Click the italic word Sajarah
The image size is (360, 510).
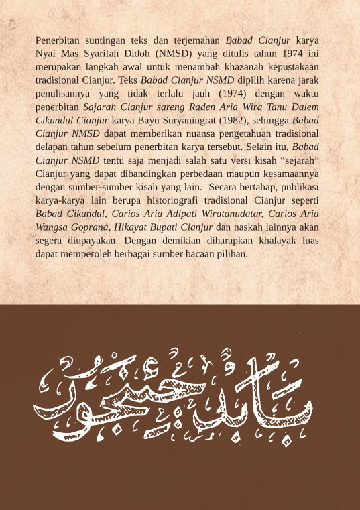101,107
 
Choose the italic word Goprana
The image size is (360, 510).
91,228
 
